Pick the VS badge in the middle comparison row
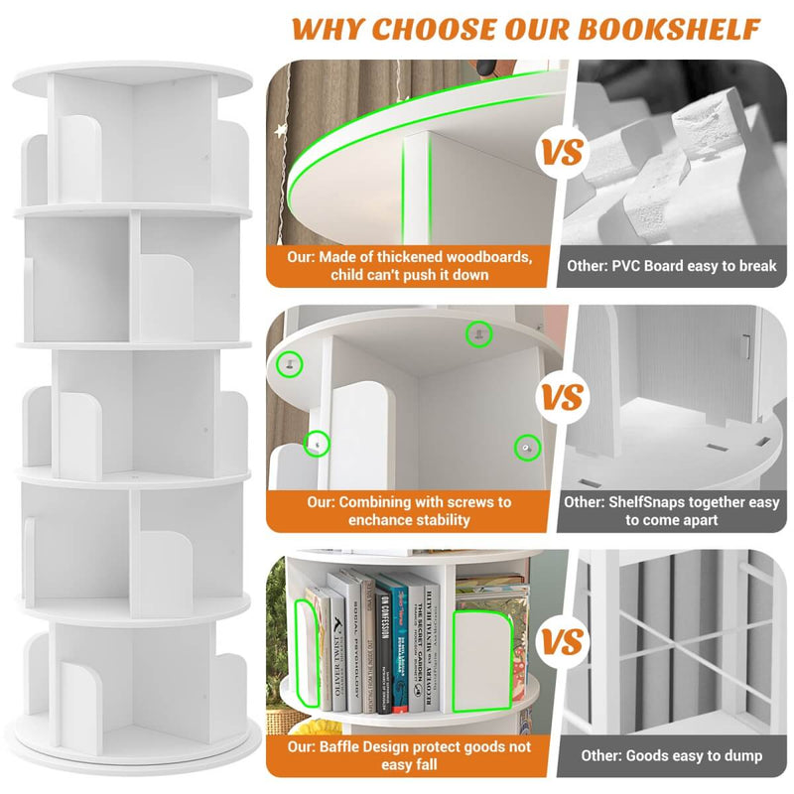[x=562, y=398]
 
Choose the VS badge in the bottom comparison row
[x=562, y=642]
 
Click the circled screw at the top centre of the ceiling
[x=479, y=334]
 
